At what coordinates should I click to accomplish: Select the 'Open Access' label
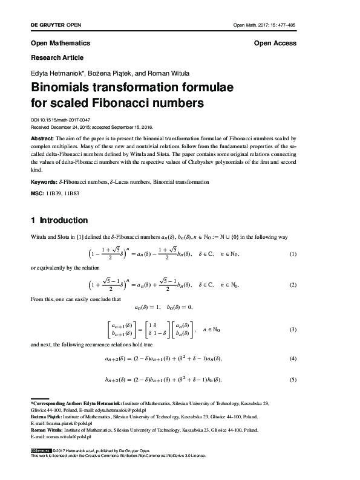point(275,44)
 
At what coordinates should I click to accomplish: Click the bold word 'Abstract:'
point(44,138)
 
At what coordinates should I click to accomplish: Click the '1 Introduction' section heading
point(59,220)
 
